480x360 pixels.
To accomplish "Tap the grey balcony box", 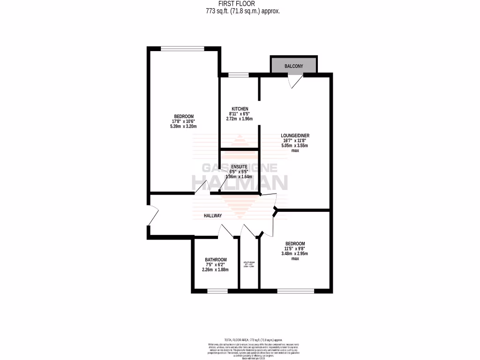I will pyautogui.click(x=293, y=66).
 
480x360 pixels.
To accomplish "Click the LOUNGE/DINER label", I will pyautogui.click(x=295, y=135).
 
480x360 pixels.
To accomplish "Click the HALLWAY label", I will pyautogui.click(x=212, y=216).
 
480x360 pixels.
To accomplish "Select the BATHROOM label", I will pyautogui.click(x=216, y=260).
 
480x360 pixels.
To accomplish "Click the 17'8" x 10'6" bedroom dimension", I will pyautogui.click(x=184, y=121).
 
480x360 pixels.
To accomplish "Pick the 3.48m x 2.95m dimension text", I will pyautogui.click(x=295, y=254).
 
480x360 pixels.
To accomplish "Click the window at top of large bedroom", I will pyautogui.click(x=182, y=48).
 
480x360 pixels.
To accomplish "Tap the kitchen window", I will pyautogui.click(x=239, y=75).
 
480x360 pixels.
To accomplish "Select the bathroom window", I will pyautogui.click(x=217, y=291).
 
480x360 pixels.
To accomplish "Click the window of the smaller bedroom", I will pyautogui.click(x=295, y=291).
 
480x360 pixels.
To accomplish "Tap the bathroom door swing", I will pyautogui.click(x=227, y=231).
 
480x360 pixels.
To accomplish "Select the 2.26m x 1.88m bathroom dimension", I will pyautogui.click(x=216, y=270).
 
